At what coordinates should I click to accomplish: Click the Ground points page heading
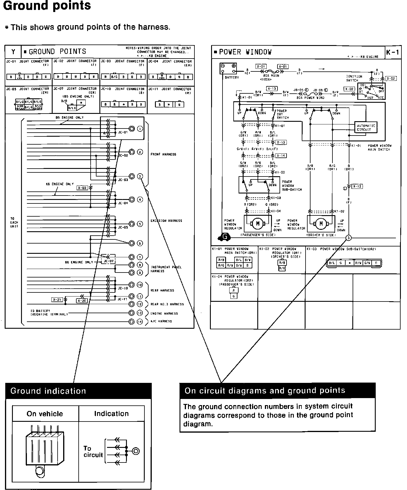coord(47,6)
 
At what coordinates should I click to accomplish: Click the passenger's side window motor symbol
coord(258,224)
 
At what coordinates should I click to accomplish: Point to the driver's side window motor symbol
coord(321,224)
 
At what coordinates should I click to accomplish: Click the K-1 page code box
coord(392,53)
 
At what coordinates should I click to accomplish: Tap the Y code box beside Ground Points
coord(13,52)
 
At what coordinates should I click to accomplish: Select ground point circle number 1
coord(140,129)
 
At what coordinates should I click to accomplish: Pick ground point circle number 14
coord(140,322)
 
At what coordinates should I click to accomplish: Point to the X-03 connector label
coord(82,188)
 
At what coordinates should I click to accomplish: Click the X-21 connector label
coord(57,299)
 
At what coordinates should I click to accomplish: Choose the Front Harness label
coord(163,154)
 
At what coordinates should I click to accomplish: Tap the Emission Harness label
coord(166,221)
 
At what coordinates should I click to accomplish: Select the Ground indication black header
coord(78,391)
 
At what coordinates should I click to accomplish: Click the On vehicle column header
coord(45,414)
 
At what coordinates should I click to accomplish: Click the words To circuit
coord(93,452)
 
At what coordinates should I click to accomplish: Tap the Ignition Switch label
coord(354,78)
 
